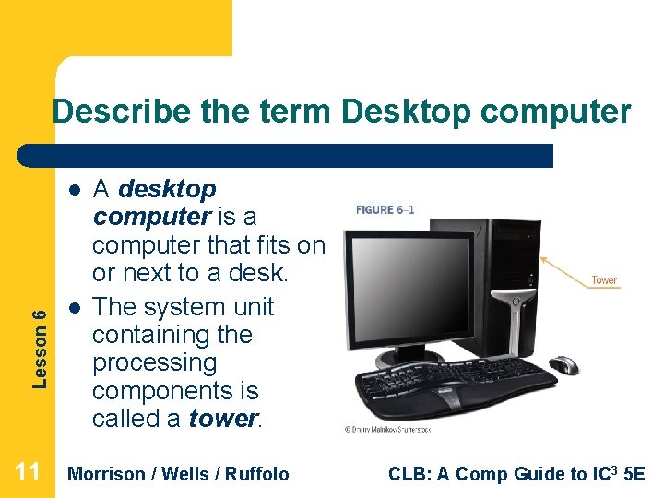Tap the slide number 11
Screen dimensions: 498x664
[28, 473]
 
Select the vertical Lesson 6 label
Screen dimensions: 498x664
[40, 334]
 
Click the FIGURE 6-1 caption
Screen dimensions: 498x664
[385, 209]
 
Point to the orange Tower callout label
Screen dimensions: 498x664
[604, 279]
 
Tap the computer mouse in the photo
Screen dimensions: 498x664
[563, 365]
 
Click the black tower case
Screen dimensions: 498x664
[503, 286]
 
